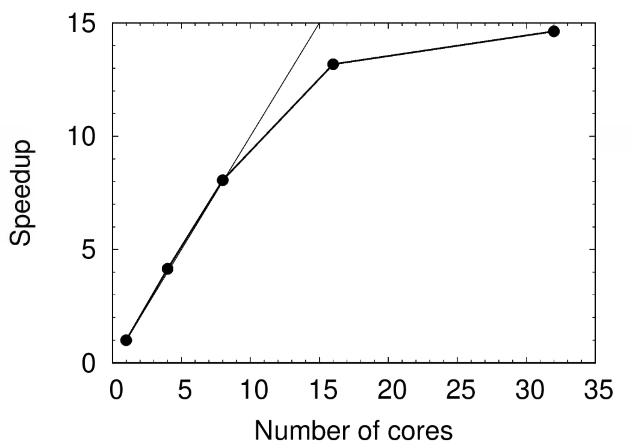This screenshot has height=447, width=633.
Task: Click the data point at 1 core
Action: click(126, 340)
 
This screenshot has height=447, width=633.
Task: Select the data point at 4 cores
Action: click(167, 269)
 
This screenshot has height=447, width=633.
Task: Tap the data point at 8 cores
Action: click(223, 180)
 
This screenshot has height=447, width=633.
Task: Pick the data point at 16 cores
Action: click(333, 64)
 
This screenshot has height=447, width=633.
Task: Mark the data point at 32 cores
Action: click(554, 31)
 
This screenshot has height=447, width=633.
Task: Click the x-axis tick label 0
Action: click(116, 390)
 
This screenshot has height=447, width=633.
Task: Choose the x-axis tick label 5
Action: click(185, 390)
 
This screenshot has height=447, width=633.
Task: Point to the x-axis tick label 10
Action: click(254, 390)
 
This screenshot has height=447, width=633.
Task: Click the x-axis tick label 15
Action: click(323, 390)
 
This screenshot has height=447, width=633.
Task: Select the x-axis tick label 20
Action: click(392, 390)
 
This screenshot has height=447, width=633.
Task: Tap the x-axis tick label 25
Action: click(461, 390)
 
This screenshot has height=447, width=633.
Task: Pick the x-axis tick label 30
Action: click(530, 390)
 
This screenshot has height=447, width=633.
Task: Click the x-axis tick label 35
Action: click(598, 390)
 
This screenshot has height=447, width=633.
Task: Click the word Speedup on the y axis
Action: click(21, 193)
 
